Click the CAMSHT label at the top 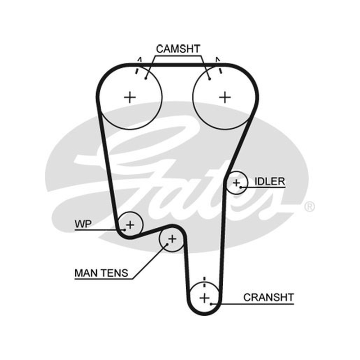click(x=178, y=49)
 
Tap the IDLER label click(x=270, y=181)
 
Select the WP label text click(x=83, y=224)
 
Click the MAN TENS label click(x=101, y=273)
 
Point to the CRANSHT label click(x=269, y=297)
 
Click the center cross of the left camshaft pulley click(x=130, y=97)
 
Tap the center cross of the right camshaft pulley click(x=225, y=97)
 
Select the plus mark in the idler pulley click(x=236, y=183)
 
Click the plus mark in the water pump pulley click(x=130, y=225)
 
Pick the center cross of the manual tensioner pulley click(x=172, y=239)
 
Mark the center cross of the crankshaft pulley click(x=205, y=298)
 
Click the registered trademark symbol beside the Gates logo click(x=310, y=207)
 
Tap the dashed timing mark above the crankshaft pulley click(x=205, y=282)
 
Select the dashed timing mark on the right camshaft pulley click(x=219, y=66)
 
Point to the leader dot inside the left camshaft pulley click(x=145, y=79)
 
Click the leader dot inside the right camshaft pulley click(x=210, y=79)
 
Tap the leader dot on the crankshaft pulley click(x=211, y=304)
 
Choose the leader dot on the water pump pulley click(x=125, y=229)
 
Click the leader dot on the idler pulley click(x=241, y=187)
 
